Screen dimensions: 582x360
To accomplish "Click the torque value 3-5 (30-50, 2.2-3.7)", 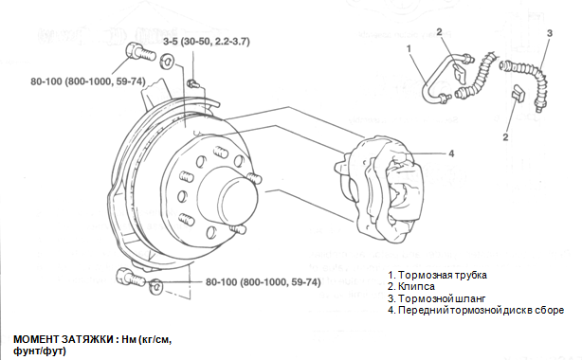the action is point(207,41).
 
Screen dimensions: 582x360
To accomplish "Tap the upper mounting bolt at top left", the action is point(140,52).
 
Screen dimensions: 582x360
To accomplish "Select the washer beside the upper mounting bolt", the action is point(166,62).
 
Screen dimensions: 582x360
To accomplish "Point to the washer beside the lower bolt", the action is point(155,286).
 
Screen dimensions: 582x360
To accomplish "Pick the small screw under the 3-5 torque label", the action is point(192,82).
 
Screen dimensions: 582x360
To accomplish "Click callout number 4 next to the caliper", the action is point(451,153).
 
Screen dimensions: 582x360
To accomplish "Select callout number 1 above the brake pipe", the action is point(409,49).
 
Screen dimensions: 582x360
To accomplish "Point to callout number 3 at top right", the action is point(550,33).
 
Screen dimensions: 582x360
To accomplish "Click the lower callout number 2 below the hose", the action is point(505,137).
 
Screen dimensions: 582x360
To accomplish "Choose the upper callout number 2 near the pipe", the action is point(439,32).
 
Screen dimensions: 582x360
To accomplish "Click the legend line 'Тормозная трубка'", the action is point(438,275).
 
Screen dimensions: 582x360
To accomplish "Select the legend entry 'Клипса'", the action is point(411,286).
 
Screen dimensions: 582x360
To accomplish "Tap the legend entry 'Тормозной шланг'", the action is point(437,298).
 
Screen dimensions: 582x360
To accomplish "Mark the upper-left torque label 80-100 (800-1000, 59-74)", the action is point(88,81).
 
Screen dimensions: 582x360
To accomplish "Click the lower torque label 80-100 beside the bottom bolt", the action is point(264,282).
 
